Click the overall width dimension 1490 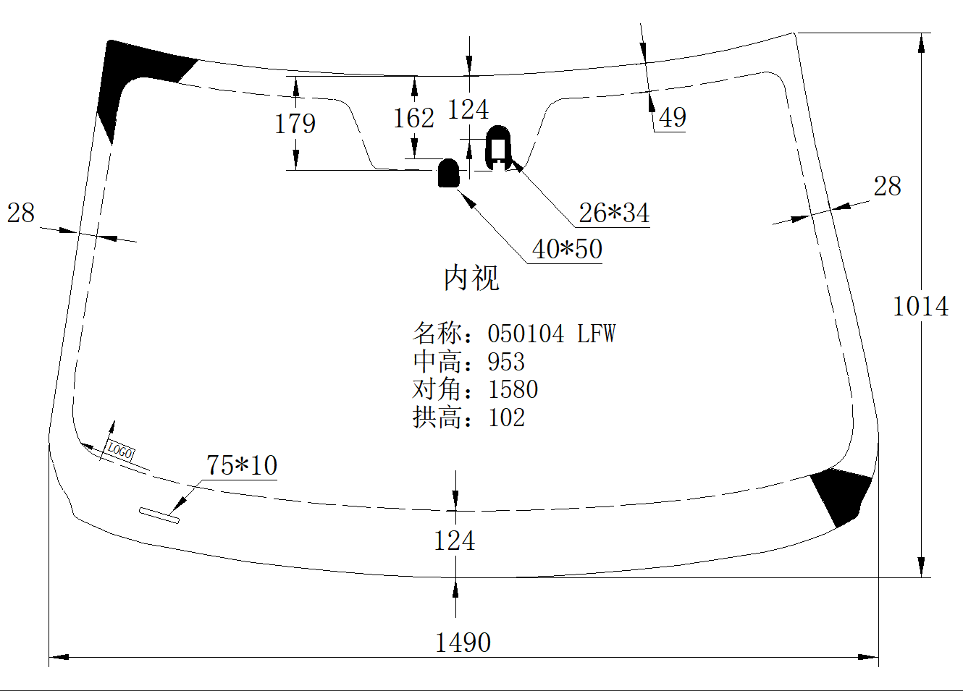[x=463, y=642]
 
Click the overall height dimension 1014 [x=920, y=306]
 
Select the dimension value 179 [x=295, y=124]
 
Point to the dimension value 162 [x=413, y=118]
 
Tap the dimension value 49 [x=673, y=117]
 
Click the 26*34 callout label [x=614, y=213]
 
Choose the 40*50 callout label [x=567, y=249]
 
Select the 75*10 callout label [x=242, y=465]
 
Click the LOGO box [x=120, y=451]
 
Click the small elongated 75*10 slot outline [x=159, y=514]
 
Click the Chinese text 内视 [x=471, y=278]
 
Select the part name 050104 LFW [x=551, y=334]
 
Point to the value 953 [x=506, y=361]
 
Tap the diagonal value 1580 [x=513, y=389]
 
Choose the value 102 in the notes [x=506, y=417]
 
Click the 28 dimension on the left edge [x=21, y=213]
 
